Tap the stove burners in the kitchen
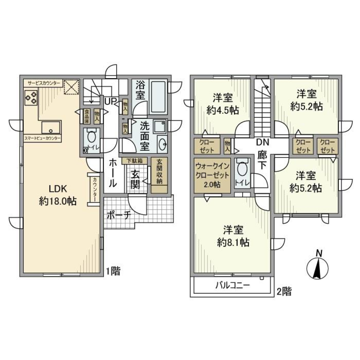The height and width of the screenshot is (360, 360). pos(30,98)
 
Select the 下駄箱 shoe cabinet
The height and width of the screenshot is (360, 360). pos(134,160)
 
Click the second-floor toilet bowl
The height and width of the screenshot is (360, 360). pos(243,169)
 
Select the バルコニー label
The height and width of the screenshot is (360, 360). pos(232,286)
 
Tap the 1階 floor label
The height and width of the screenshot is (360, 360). pos(114,271)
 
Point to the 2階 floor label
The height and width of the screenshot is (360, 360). pos(284,291)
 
